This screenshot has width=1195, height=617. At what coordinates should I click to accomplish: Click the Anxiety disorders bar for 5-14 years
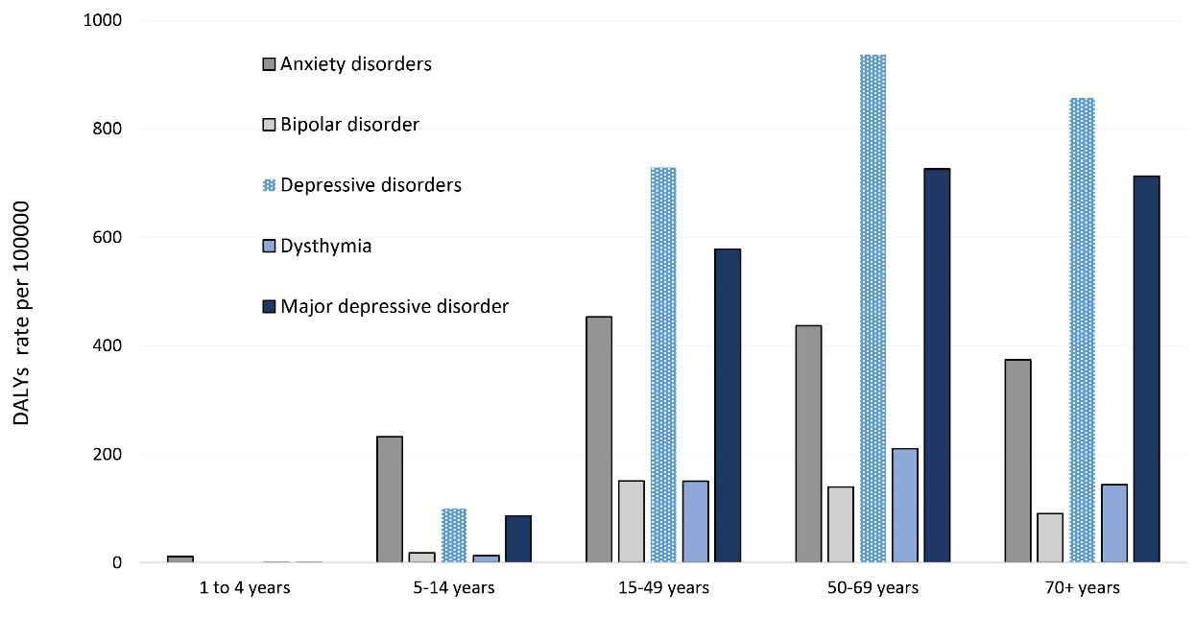coord(390,500)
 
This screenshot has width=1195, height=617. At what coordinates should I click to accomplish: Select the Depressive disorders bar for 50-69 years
coord(872,309)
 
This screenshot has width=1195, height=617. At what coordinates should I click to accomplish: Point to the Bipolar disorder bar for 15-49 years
coord(632,522)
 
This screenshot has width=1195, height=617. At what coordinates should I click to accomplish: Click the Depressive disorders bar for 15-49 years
coord(663,366)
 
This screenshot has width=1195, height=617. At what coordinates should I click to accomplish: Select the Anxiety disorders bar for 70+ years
coord(1017,462)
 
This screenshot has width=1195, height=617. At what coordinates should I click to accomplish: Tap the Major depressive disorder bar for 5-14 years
coord(517,539)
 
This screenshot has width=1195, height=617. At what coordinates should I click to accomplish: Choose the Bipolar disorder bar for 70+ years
coord(1049,538)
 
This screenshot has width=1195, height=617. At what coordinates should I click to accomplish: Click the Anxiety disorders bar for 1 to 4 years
coord(180,559)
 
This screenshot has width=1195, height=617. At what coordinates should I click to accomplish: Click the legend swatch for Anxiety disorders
coord(269,65)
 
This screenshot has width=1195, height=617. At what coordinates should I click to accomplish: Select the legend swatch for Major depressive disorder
coord(269,307)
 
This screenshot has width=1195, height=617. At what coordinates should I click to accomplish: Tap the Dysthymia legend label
coord(325,247)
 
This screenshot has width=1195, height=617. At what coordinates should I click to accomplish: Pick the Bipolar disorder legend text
coord(349,126)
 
